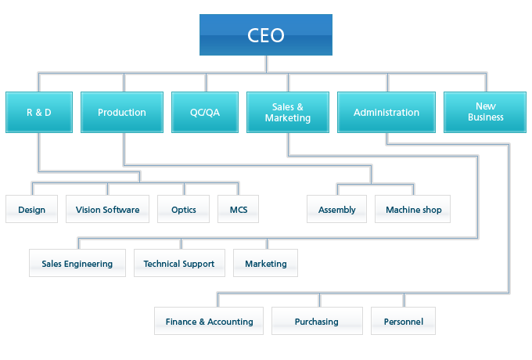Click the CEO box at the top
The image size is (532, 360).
(265, 35)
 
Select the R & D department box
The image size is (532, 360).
(38, 113)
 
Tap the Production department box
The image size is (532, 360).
(122, 113)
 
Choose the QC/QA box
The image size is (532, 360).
(205, 113)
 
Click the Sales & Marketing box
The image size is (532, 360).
(288, 113)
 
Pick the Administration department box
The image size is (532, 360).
(386, 113)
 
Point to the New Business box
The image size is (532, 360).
(486, 113)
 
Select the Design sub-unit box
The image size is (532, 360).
(31, 210)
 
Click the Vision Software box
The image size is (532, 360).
(107, 210)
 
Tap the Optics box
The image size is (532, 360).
(183, 210)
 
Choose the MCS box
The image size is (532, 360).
(238, 210)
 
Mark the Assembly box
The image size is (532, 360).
(336, 210)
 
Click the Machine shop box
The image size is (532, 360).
(413, 210)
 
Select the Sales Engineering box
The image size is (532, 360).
(77, 264)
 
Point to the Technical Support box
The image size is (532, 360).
(179, 264)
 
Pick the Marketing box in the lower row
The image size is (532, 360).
(266, 264)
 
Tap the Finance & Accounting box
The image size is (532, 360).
(209, 322)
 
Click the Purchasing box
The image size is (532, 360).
(317, 322)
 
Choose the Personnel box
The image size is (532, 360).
(404, 322)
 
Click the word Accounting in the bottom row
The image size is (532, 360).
(230, 322)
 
